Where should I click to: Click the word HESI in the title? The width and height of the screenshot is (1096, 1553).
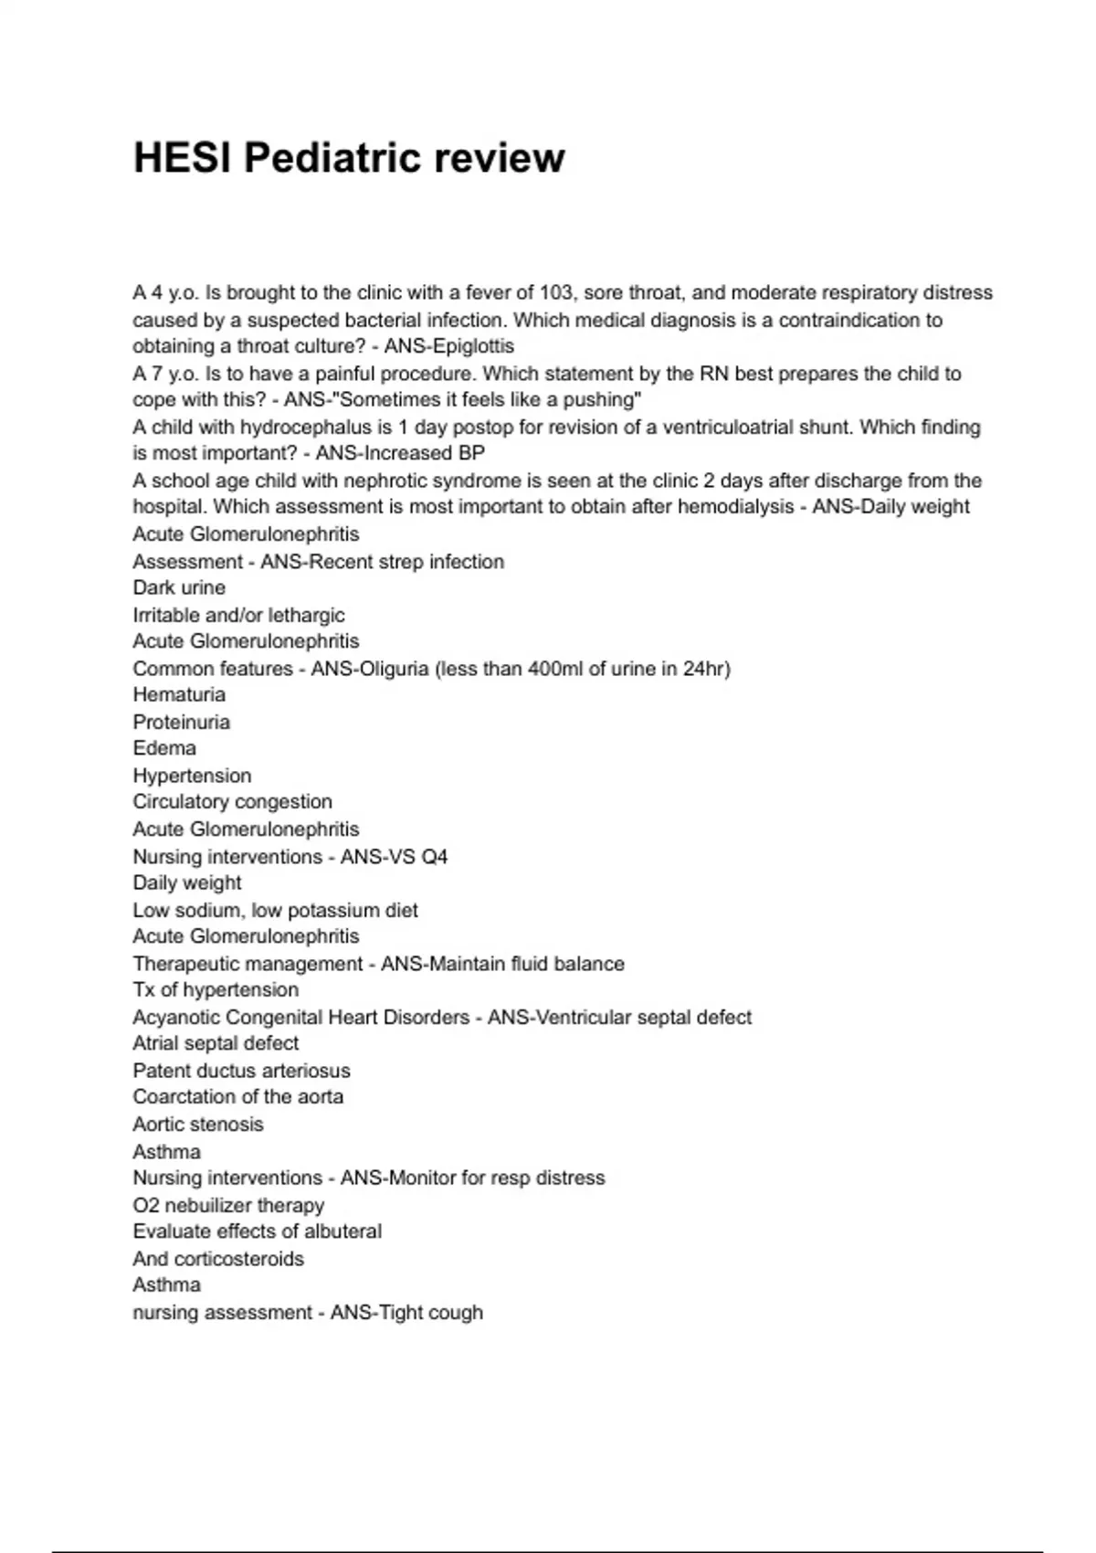click(x=183, y=158)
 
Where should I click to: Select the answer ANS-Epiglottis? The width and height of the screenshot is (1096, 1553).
click(x=449, y=346)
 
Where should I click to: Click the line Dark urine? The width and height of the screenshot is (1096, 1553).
click(x=179, y=587)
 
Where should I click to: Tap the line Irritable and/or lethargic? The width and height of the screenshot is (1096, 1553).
click(x=238, y=615)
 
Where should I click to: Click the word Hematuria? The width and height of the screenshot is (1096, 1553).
click(x=179, y=695)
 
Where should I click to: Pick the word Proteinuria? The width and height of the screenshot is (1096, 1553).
click(x=181, y=723)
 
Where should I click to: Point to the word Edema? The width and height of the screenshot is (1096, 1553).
click(x=164, y=748)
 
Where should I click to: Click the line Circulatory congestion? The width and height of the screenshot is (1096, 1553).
click(x=232, y=802)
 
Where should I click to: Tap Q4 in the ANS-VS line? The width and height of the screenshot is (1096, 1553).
click(x=435, y=857)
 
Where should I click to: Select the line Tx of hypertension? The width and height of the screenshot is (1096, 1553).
click(x=216, y=990)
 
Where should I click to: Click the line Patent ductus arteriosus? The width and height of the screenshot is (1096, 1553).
click(x=241, y=1071)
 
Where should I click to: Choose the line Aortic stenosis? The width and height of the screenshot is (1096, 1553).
click(x=198, y=1125)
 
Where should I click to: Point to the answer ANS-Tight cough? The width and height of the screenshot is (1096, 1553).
click(x=406, y=1313)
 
